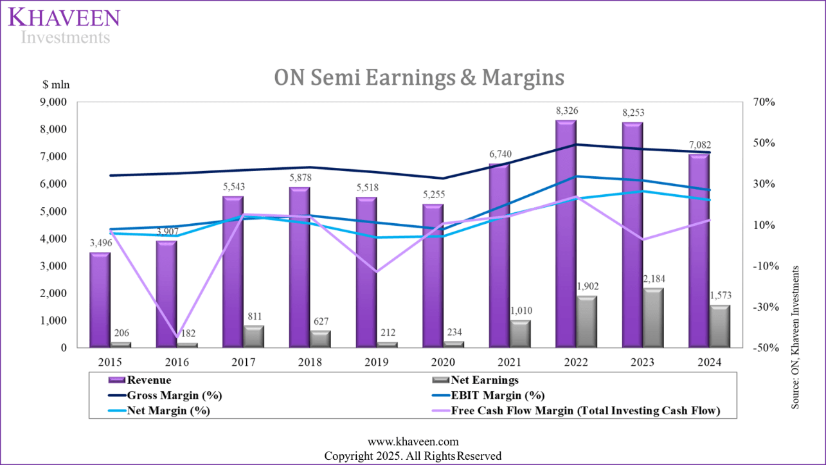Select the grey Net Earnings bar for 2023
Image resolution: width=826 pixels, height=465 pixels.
pyautogui.click(x=653, y=318)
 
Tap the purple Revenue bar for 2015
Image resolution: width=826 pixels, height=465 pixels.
pyautogui.click(x=100, y=300)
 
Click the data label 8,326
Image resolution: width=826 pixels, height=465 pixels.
pyautogui.click(x=566, y=111)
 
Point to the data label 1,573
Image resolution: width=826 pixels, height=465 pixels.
pyautogui.click(x=720, y=295)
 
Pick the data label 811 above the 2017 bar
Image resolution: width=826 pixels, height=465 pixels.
pyautogui.click(x=254, y=316)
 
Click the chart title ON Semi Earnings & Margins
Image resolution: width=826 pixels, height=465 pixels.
pyautogui.click(x=418, y=78)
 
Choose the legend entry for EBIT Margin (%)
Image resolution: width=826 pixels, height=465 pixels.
pyautogui.click(x=498, y=395)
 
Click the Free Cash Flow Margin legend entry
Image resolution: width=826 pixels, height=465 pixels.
pyautogui.click(x=584, y=410)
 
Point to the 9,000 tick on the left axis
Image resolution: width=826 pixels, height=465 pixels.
pyautogui.click(x=54, y=102)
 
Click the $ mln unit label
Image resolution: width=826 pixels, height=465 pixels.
pyautogui.click(x=56, y=84)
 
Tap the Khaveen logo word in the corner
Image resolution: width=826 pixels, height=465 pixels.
pyautogui.click(x=64, y=17)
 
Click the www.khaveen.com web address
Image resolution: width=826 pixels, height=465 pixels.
pyautogui.click(x=413, y=442)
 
